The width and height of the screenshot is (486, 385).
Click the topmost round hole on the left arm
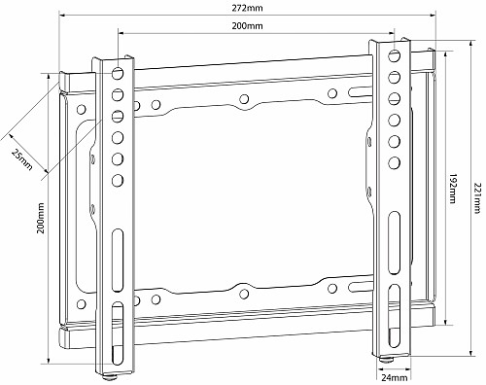pos(117,74)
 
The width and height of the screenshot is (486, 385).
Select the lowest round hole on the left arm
pos(117,180)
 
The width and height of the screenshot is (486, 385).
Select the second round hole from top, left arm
pos(117,95)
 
